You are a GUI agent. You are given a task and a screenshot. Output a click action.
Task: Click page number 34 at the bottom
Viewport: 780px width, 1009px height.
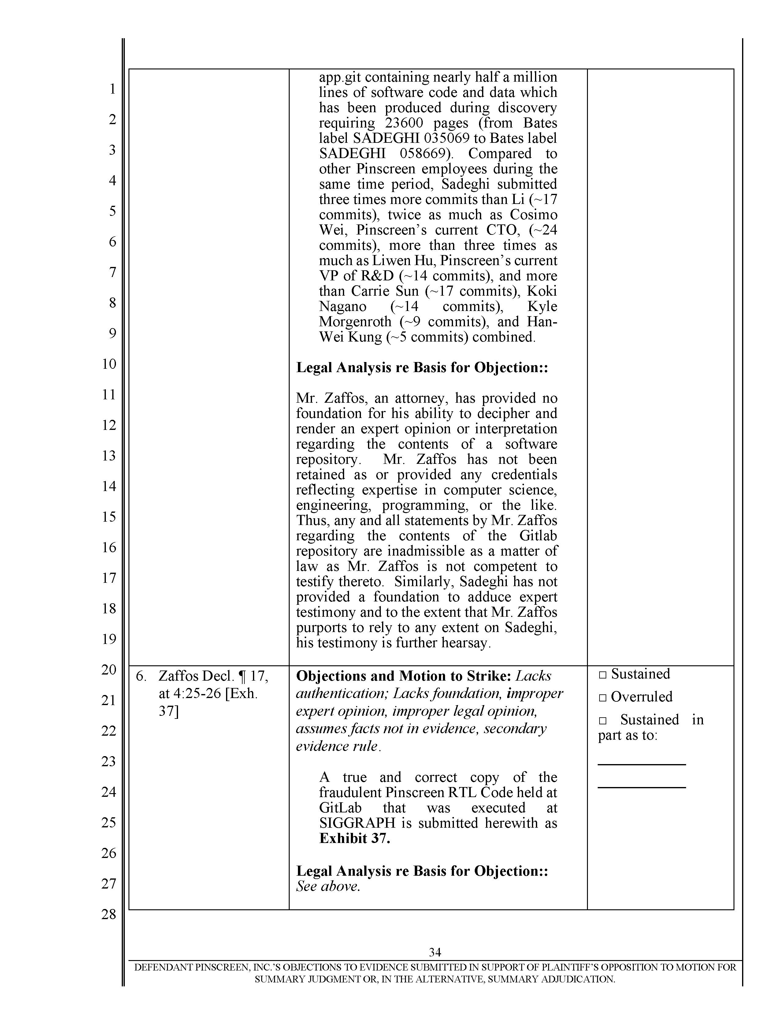(x=435, y=952)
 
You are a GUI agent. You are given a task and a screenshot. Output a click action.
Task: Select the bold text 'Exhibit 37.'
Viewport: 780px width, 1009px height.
(x=355, y=838)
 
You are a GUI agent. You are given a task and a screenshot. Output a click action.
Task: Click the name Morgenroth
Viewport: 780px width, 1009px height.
(x=355, y=322)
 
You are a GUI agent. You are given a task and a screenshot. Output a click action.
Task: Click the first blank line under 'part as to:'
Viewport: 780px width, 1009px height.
(x=641, y=764)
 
